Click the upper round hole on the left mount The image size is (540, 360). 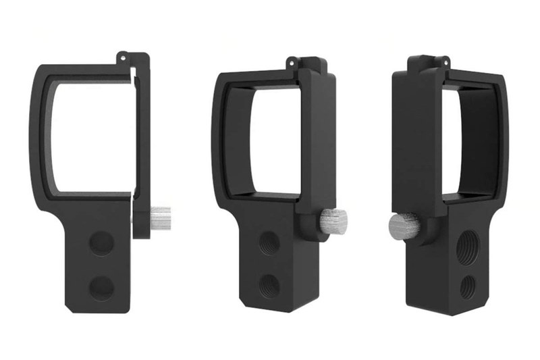[x=102, y=241]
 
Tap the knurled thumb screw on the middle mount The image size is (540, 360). [x=333, y=219]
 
